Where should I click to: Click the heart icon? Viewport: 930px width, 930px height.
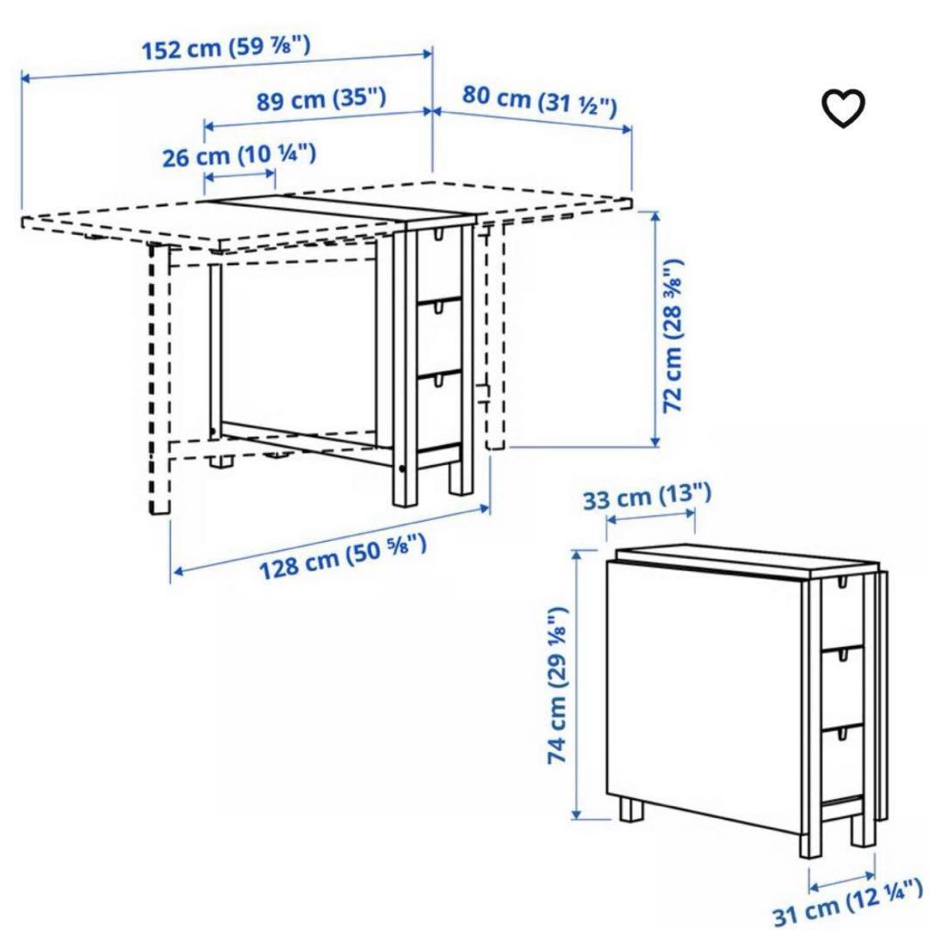[842, 108]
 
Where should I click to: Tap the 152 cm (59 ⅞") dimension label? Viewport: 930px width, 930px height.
[226, 47]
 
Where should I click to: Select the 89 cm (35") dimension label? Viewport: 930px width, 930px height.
[320, 100]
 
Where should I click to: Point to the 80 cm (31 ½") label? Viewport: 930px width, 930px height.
[540, 100]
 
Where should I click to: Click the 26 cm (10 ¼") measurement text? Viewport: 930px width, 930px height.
[239, 156]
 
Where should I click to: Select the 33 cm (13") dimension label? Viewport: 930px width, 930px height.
[647, 497]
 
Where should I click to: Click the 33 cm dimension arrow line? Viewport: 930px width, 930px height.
[651, 517]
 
